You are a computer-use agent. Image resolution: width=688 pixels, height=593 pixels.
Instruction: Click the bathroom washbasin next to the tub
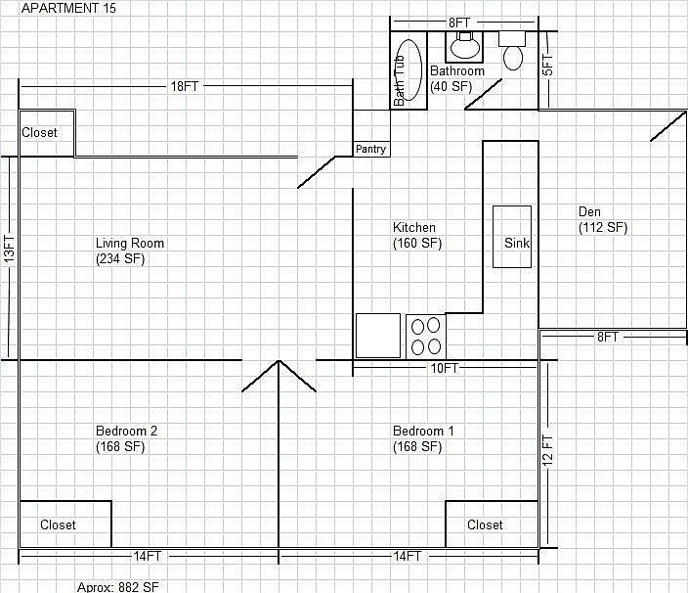point(464,46)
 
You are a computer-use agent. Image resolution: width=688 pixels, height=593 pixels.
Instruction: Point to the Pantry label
point(370,150)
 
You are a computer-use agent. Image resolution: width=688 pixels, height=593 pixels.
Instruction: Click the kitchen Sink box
point(512,236)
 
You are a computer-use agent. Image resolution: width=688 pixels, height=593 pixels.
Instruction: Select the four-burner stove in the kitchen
point(425,336)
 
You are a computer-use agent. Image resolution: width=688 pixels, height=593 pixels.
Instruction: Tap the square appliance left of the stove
point(378,336)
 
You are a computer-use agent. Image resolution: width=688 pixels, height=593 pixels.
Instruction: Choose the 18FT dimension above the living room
point(185,87)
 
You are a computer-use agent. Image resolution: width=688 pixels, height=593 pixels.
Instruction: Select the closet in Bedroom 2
point(64,525)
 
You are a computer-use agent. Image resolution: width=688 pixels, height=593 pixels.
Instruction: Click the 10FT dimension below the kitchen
point(444,369)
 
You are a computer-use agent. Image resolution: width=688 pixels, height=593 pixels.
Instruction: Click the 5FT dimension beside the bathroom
point(548,66)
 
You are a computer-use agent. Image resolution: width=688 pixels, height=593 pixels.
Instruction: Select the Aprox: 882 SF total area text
point(117,587)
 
